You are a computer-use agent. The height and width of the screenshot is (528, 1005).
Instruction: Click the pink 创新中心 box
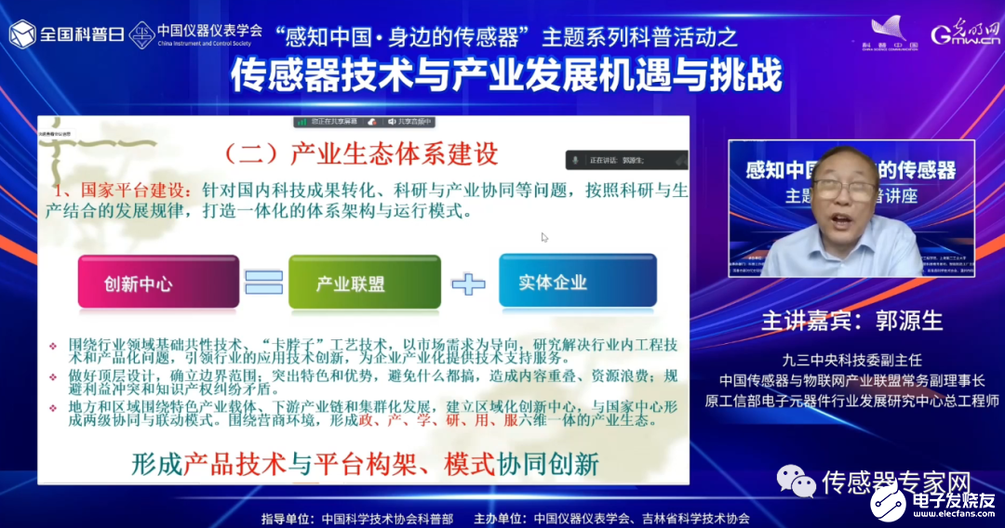[140, 282]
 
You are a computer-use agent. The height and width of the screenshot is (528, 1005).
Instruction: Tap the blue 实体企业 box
[553, 281]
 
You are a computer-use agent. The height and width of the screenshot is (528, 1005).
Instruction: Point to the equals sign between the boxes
[263, 282]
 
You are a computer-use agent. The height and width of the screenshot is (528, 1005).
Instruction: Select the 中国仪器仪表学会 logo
[196, 34]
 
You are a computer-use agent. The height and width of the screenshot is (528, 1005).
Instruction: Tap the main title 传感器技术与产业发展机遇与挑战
[506, 75]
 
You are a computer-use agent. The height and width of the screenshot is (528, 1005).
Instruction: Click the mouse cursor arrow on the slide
[544, 237]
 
